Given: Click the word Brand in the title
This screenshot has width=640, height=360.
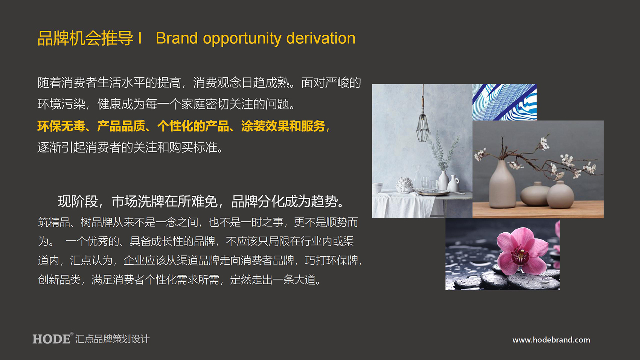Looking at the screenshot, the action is pyautogui.click(x=177, y=38).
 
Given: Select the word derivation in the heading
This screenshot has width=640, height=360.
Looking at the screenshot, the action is pyautogui.click(x=321, y=38).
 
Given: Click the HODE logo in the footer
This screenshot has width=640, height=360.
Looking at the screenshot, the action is pyautogui.click(x=52, y=339).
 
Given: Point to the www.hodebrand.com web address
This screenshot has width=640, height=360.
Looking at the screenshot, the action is pyautogui.click(x=551, y=340).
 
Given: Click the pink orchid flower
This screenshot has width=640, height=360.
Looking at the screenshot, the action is pyautogui.click(x=522, y=250).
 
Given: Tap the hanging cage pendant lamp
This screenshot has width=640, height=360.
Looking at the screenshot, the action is pyautogui.click(x=422, y=120).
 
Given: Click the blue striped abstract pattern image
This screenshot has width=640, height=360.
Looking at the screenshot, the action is pyautogui.click(x=504, y=102).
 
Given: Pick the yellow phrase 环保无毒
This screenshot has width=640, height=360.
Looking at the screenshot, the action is pyautogui.click(x=61, y=126).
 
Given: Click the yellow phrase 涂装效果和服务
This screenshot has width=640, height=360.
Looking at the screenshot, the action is pyautogui.click(x=283, y=126).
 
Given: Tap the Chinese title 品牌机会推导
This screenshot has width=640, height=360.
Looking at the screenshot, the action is pyautogui.click(x=85, y=38).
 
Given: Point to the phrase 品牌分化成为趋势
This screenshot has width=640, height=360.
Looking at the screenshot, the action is pyautogui.click(x=284, y=201).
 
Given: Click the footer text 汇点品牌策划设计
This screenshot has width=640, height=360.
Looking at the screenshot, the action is pyautogui.click(x=112, y=339).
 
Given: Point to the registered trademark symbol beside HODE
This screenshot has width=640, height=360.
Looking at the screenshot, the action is pyautogui.click(x=72, y=333).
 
